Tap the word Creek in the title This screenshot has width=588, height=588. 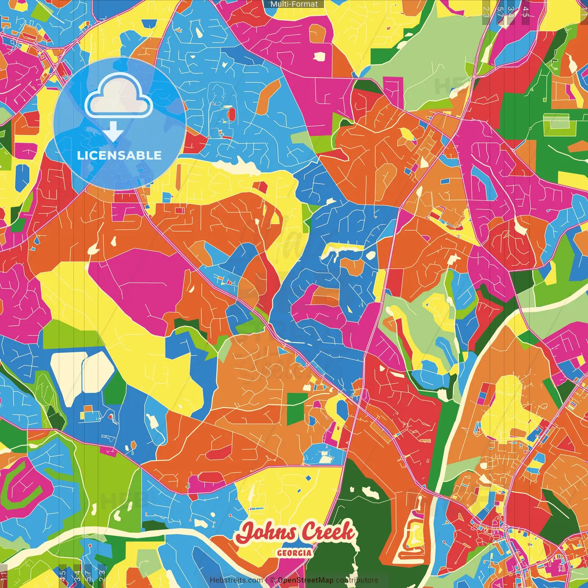coord(328,532)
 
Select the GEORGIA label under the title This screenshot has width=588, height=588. coord(294,553)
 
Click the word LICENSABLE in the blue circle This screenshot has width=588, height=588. coord(119,155)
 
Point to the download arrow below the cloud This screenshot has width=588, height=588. coord(113,132)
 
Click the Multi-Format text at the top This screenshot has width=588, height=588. coord(294,4)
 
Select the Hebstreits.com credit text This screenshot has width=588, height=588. coord(237,580)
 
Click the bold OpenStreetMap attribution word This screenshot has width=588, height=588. coord(305,580)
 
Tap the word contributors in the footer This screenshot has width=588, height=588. coord(357,580)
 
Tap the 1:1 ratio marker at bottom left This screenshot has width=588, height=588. coord(4,576)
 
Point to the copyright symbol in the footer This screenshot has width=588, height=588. coord(272,580)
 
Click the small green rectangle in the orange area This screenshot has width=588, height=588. coord(295,407)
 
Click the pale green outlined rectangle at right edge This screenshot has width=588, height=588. coord(556,122)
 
